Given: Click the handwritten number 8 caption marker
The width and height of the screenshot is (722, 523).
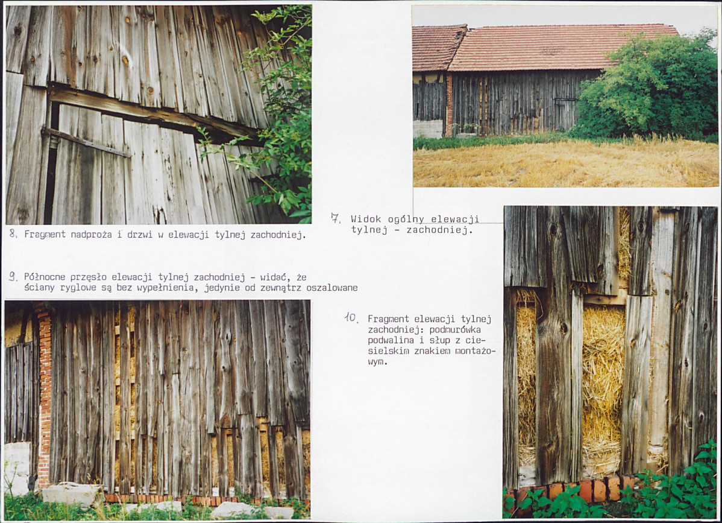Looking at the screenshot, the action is pyautogui.click(x=13, y=233).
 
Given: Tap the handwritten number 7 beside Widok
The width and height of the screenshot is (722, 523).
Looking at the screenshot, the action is pyautogui.click(x=336, y=218).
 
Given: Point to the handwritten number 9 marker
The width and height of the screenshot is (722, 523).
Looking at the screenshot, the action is pyautogui.click(x=13, y=276).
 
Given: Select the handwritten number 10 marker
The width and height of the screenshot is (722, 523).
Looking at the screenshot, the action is pyautogui.click(x=351, y=317).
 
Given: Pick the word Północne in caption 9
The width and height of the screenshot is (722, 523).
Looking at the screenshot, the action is pyautogui.click(x=44, y=277).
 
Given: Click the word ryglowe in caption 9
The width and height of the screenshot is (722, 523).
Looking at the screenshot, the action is pyautogui.click(x=70, y=288).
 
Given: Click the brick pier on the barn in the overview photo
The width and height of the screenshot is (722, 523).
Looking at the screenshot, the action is pyautogui.click(x=449, y=106).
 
